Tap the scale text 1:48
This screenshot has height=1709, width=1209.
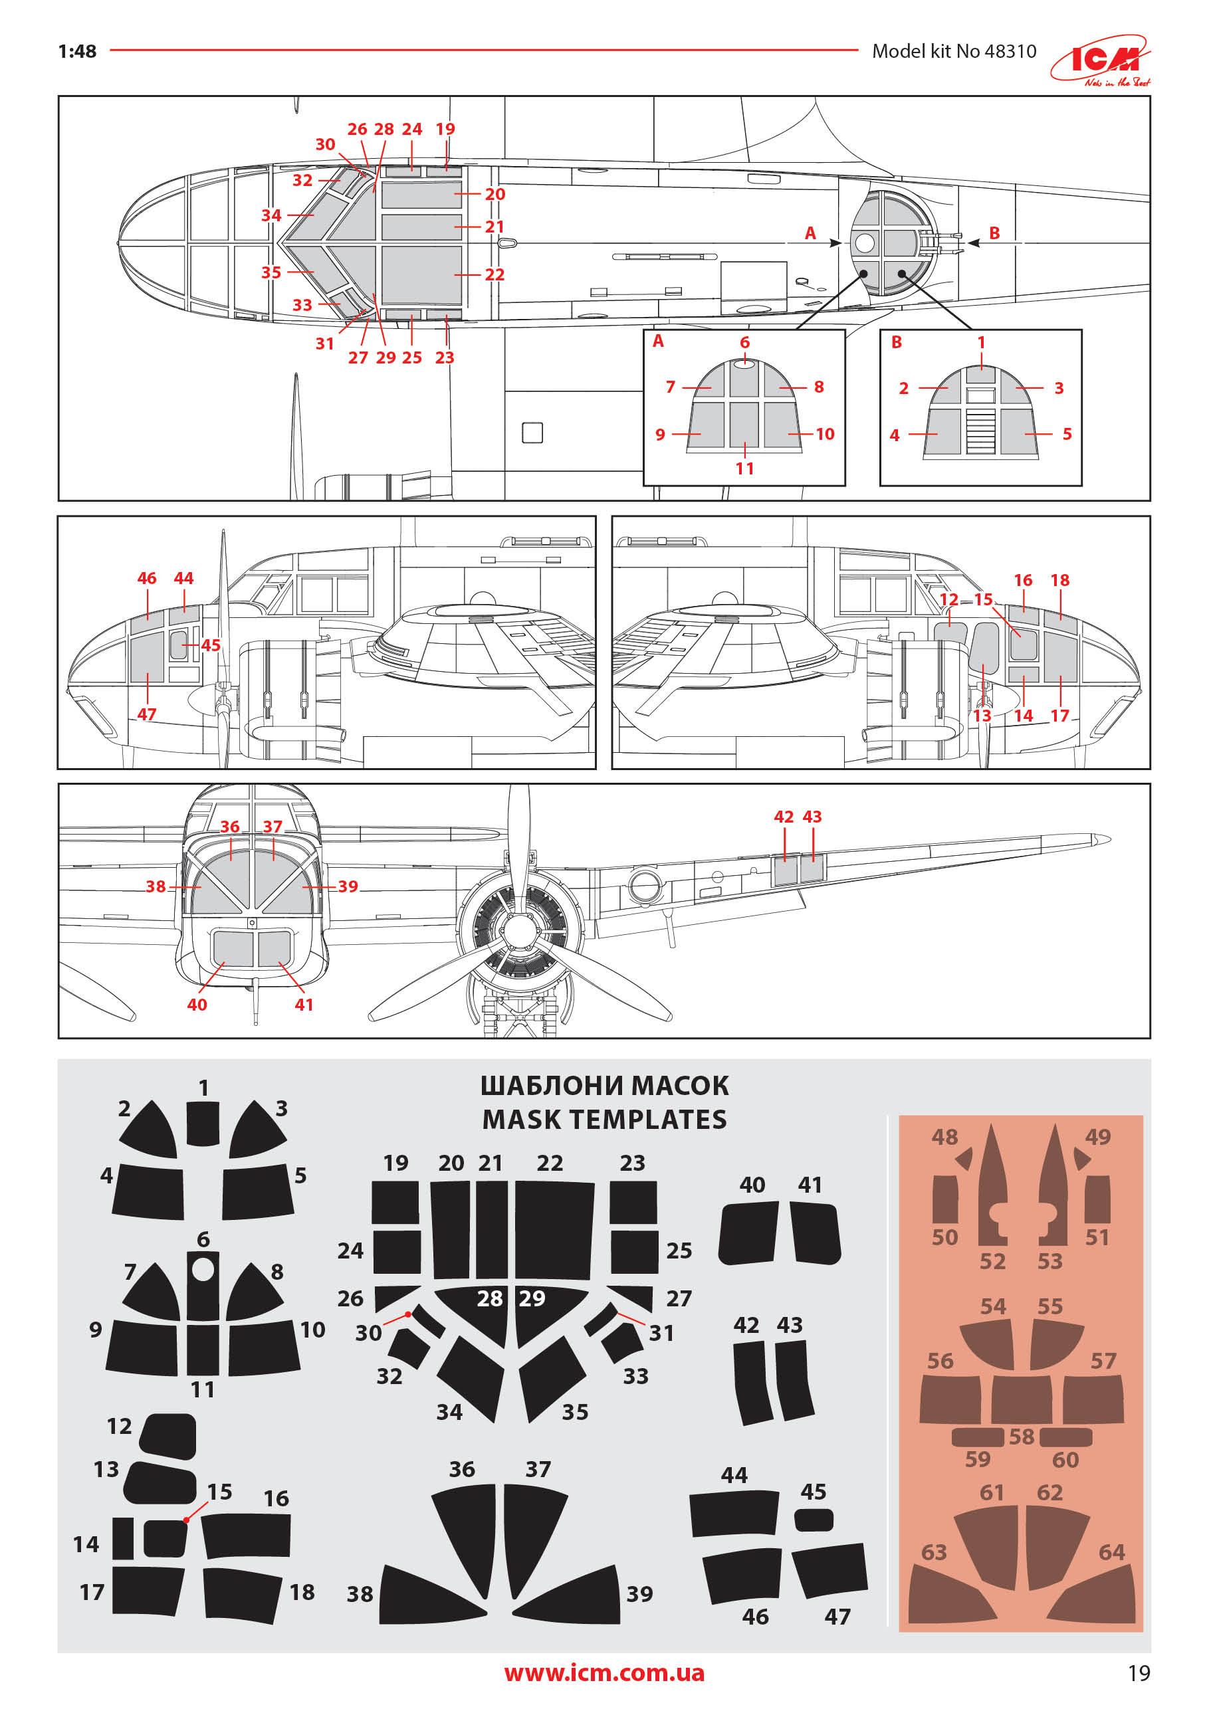77,51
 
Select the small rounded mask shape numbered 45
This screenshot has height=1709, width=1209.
814,1519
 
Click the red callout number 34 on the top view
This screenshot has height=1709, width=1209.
271,215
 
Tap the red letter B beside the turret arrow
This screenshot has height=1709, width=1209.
994,233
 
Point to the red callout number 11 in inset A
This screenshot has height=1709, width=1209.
744,468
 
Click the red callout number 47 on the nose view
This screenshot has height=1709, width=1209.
147,714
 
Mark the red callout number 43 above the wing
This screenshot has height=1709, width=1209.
812,817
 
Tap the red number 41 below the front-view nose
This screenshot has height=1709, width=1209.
304,1004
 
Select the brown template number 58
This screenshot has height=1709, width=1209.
1022,1436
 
